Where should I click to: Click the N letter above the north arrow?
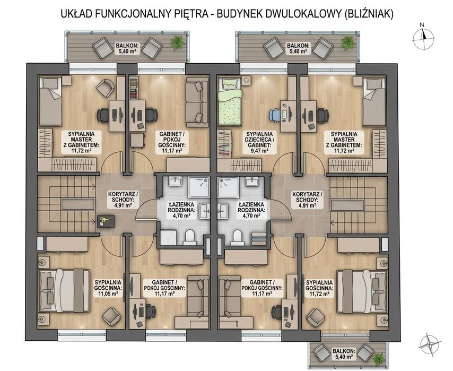(422, 25)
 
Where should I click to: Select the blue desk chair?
(275, 114)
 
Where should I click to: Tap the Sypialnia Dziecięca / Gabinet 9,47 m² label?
(259, 142)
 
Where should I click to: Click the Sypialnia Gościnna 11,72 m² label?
(319, 288)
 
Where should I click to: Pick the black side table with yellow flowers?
(106, 221)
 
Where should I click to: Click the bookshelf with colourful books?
(133, 88)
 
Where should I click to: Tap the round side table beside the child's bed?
(247, 80)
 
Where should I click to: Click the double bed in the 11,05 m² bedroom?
(64, 290)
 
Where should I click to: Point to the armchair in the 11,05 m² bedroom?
(110, 316)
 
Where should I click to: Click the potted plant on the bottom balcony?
(379, 359)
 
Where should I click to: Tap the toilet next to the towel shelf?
(238, 237)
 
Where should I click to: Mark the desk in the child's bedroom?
(288, 116)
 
